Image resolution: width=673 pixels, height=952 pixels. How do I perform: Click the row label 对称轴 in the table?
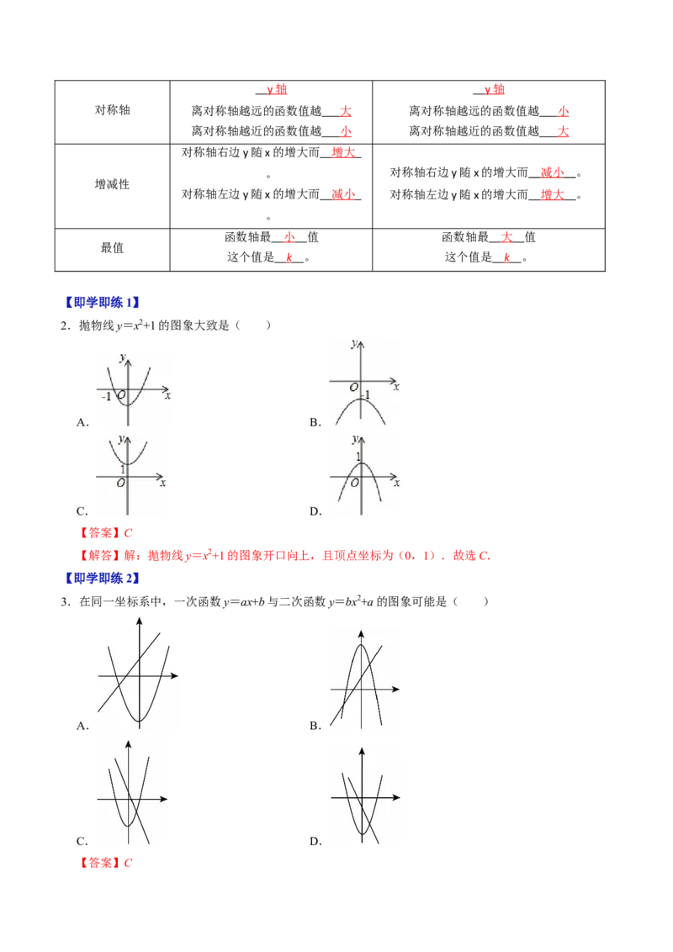coord(113,110)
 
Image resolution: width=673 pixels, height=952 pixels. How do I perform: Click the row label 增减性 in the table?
coord(113,184)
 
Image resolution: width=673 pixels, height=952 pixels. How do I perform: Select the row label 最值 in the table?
coord(113,248)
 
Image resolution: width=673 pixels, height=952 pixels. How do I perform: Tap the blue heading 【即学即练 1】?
coord(102,303)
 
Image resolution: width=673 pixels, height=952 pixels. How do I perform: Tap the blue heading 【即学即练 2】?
coord(102,578)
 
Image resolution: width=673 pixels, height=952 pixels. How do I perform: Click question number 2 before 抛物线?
coord(65,326)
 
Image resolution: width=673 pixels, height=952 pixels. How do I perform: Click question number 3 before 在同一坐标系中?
coord(65,601)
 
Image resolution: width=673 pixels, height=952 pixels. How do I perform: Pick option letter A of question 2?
coord(82,422)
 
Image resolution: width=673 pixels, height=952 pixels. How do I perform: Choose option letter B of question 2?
coord(315,422)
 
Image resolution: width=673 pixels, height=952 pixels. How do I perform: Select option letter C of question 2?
coord(82,511)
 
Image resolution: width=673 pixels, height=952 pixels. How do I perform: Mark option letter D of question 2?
coord(315,511)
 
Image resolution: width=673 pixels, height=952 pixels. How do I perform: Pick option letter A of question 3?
coord(82,726)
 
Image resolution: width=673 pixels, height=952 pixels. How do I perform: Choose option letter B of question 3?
coord(315,726)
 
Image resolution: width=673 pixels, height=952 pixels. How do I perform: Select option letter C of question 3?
coord(82,842)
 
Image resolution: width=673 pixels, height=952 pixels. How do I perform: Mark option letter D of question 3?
coord(315,842)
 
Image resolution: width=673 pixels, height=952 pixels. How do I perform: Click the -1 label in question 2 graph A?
coord(106,396)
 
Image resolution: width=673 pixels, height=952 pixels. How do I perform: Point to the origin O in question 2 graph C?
coord(120,484)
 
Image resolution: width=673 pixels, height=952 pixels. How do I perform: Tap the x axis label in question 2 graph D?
coord(396,484)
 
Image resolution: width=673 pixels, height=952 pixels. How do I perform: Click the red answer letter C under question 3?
coord(128,863)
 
